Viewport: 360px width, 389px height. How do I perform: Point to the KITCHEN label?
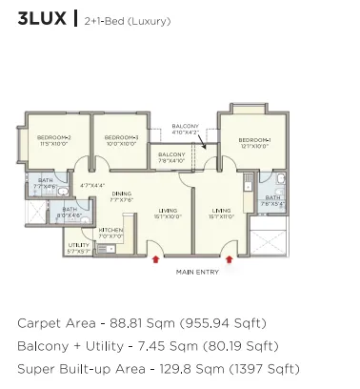[x=110, y=230]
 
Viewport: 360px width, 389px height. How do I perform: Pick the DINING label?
[x=121, y=194]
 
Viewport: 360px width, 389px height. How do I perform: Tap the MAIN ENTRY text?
[x=198, y=272]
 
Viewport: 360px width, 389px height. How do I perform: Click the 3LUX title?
[x=41, y=18]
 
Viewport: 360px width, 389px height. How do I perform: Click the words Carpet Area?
[x=58, y=323]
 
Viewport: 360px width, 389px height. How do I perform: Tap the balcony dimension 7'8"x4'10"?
[x=171, y=160]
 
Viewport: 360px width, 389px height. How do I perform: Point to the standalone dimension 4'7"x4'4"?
[x=91, y=185]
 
